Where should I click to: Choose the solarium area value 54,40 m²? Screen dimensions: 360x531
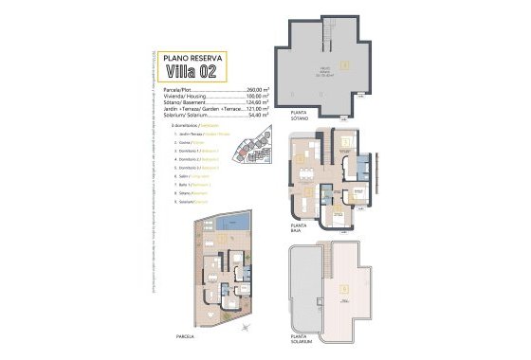[247, 116]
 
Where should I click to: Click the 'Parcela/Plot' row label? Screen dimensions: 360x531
[179, 88]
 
